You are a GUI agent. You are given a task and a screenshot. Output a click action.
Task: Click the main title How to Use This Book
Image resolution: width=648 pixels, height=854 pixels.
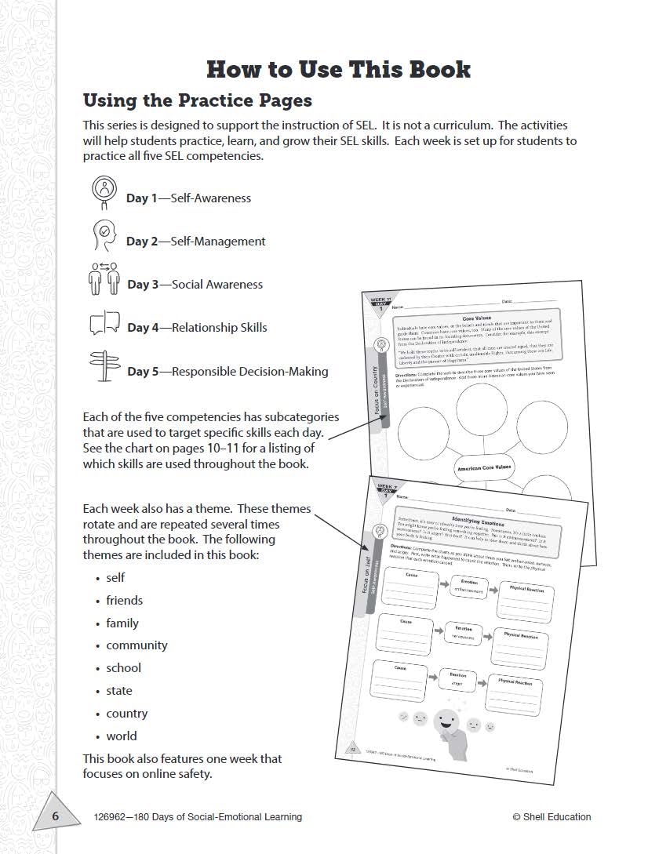pos(338,69)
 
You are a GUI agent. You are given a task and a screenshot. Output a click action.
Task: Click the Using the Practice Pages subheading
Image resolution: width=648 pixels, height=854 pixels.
pos(197,101)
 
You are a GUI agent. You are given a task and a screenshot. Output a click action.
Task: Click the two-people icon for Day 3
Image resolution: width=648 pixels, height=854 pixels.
pos(104,278)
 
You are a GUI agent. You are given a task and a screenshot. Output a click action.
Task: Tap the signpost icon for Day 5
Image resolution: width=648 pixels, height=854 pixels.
pos(103,366)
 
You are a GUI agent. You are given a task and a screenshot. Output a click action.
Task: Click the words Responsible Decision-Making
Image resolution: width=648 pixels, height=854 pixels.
pos(249,371)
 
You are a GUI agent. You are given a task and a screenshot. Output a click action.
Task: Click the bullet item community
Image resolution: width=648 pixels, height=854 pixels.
pos(137,645)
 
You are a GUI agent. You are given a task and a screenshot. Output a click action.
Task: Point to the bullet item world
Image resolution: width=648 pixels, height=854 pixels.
pos(122,736)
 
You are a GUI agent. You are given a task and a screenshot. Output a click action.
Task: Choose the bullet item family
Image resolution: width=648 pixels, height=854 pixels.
pos(122,623)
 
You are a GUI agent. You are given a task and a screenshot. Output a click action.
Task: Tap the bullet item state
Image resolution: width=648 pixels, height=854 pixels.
pos(119,691)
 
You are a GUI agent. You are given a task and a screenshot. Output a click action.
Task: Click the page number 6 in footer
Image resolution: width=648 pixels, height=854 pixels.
pos(56,816)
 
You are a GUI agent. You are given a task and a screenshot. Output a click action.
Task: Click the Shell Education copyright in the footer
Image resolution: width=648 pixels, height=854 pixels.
pos(552,817)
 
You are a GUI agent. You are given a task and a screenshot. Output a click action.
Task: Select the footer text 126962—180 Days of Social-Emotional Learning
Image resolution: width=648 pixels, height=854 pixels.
pos(197,817)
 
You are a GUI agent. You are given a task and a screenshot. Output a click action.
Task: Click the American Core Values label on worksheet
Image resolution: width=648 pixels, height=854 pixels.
pos(483,468)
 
